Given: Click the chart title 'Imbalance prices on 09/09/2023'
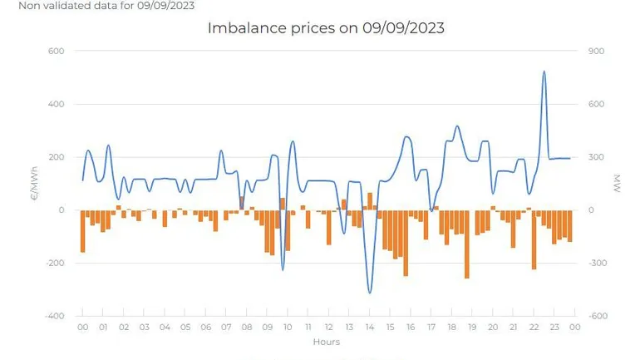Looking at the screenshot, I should (x=325, y=28).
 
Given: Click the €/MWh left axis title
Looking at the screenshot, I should (x=36, y=184).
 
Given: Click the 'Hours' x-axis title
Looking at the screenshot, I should (x=326, y=342).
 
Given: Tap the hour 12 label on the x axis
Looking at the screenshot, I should (x=328, y=328).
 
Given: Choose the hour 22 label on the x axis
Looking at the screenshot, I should (x=534, y=328).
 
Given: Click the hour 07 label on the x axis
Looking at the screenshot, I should (x=225, y=328).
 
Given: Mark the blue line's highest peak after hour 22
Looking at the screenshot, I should (x=544, y=72).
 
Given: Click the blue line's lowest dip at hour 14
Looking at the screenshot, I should (x=370, y=292).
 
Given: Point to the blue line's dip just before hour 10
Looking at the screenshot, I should (x=283, y=269).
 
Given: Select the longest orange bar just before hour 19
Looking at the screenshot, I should (x=467, y=244).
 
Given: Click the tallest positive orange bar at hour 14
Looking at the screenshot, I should (x=370, y=201).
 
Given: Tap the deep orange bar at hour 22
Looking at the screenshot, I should (x=534, y=239).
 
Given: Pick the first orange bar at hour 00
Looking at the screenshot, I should (x=82, y=230).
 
